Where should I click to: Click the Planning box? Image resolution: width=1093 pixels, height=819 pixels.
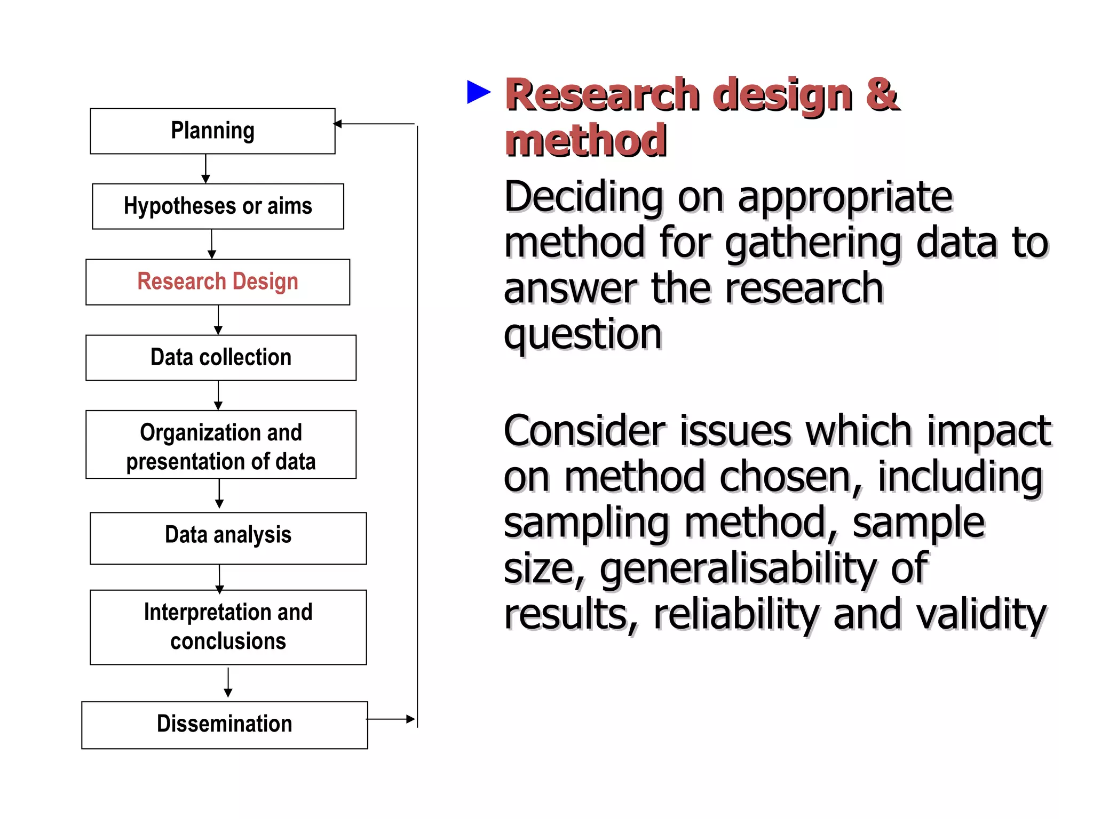click(212, 131)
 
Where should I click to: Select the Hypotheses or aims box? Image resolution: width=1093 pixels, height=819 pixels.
click(218, 206)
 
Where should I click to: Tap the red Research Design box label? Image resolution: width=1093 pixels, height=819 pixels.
click(218, 282)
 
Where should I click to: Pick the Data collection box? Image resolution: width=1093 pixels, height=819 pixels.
click(220, 357)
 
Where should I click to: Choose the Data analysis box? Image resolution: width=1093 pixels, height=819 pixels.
click(228, 537)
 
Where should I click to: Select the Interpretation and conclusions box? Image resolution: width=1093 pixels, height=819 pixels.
click(228, 627)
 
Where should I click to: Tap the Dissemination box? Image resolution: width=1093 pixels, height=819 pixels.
click(224, 725)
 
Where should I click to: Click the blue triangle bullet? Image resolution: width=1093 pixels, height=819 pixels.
click(478, 92)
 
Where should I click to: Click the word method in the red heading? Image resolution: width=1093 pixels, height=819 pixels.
click(585, 141)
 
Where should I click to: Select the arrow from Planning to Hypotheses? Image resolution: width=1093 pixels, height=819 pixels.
click(205, 168)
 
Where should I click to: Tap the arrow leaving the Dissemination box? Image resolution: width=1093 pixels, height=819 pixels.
click(391, 719)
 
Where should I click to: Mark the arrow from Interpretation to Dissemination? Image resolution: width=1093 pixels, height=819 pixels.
click(228, 682)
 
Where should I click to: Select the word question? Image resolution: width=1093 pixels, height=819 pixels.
click(582, 335)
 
